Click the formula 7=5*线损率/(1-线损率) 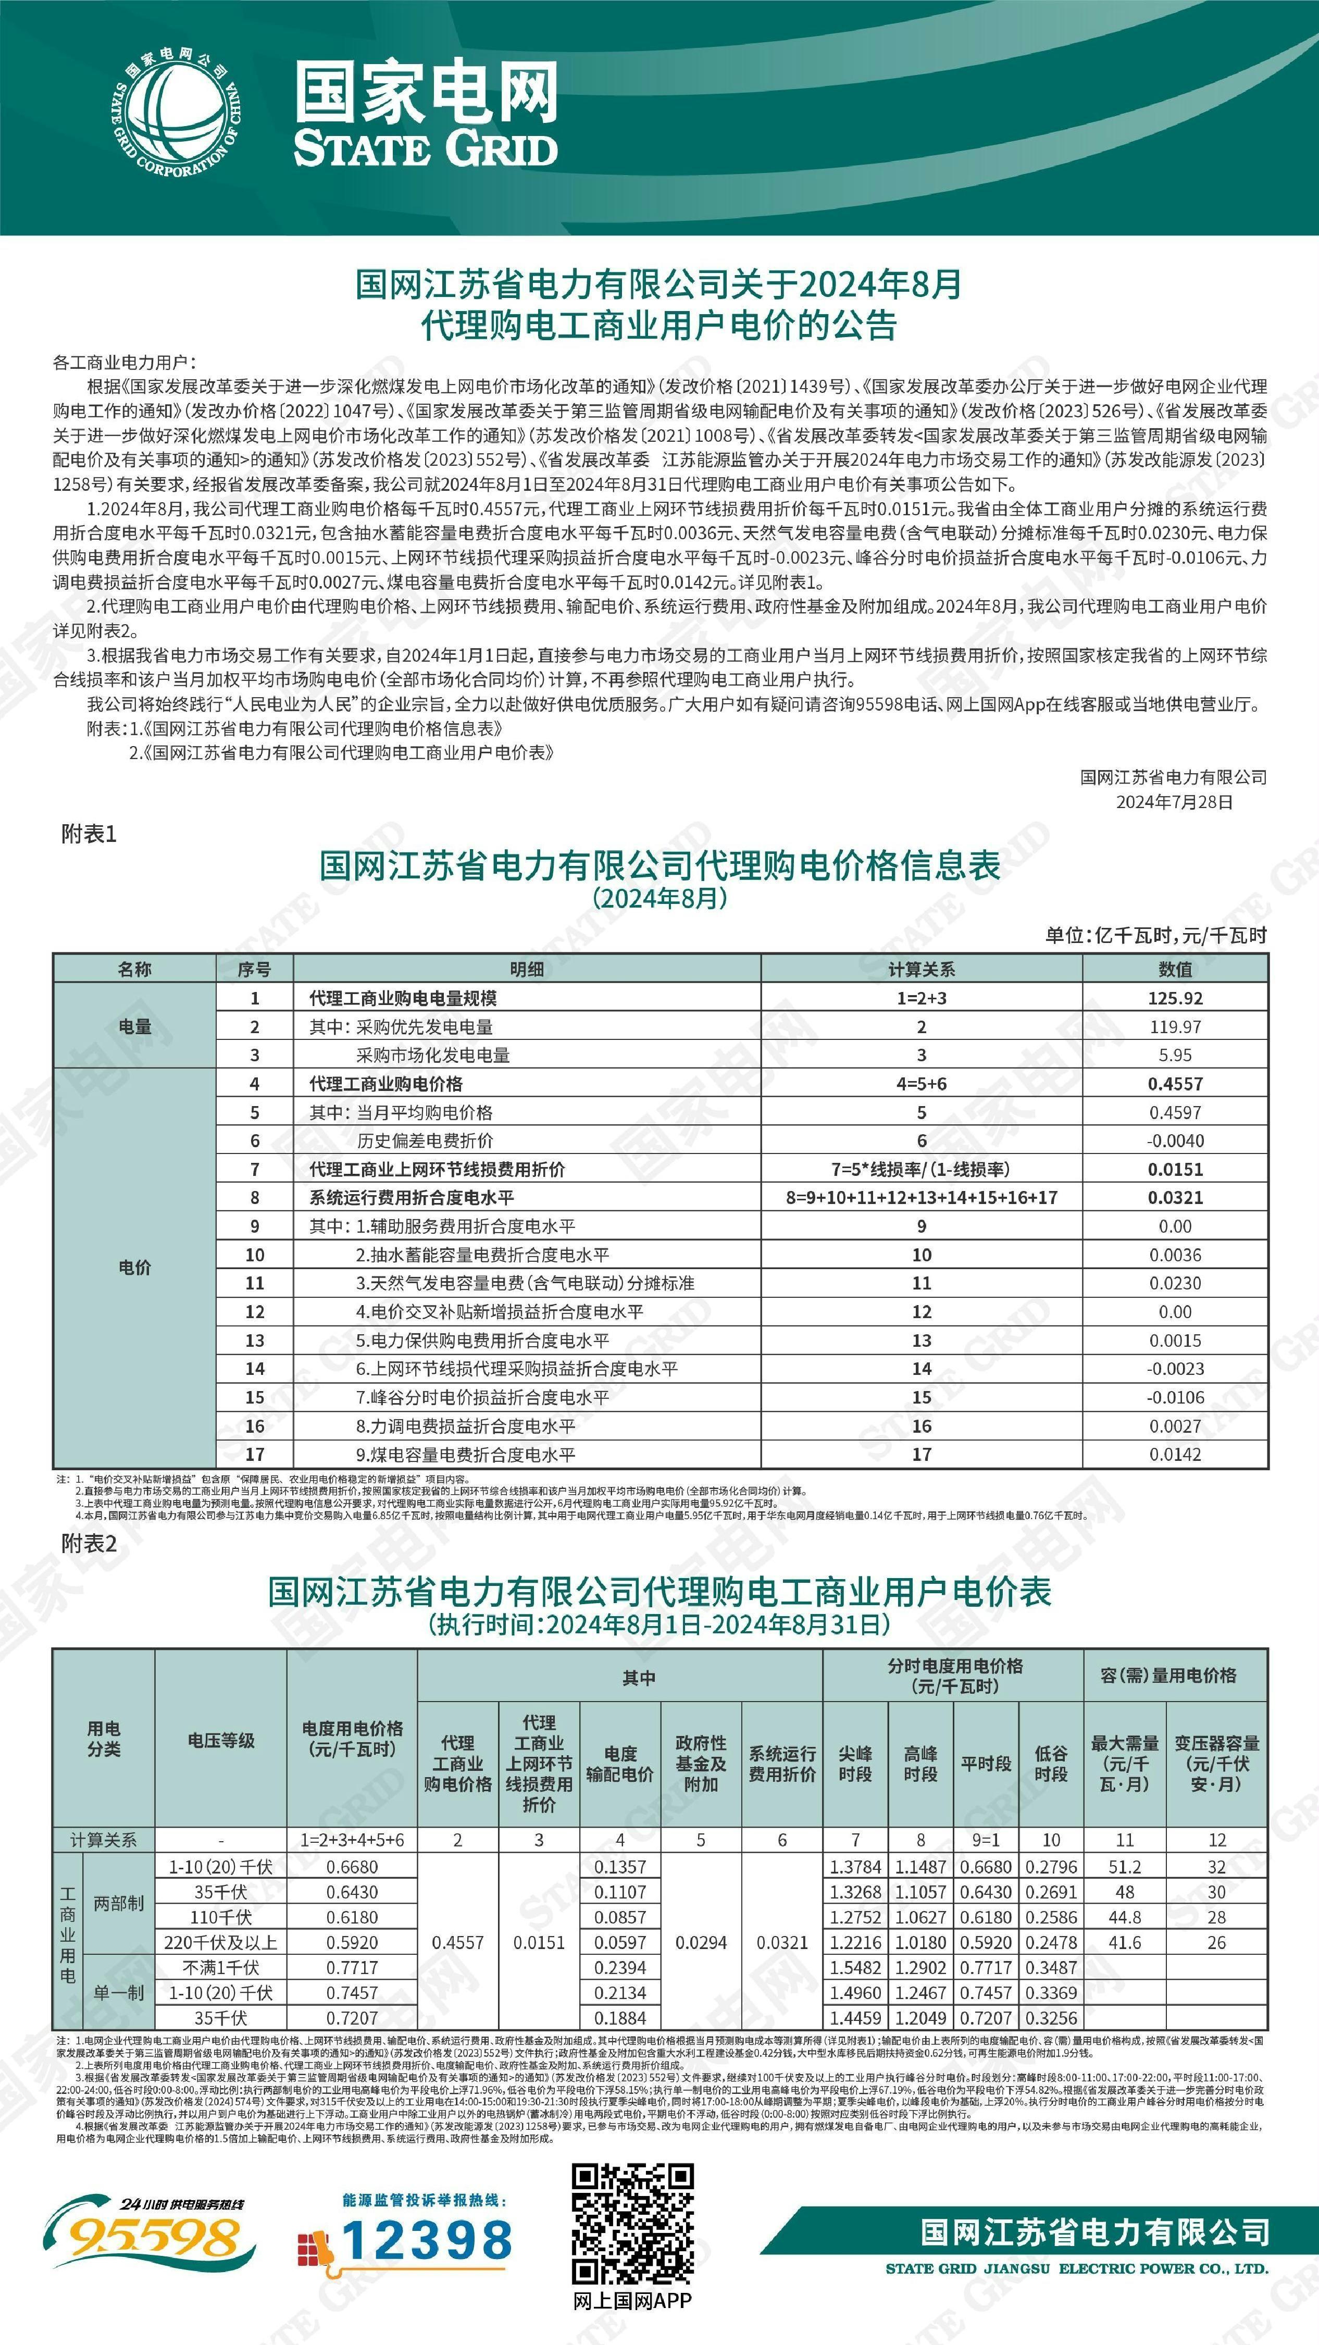920,1169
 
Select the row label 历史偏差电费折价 425,1140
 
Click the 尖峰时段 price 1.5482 855,1967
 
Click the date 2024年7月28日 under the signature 1174,801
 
